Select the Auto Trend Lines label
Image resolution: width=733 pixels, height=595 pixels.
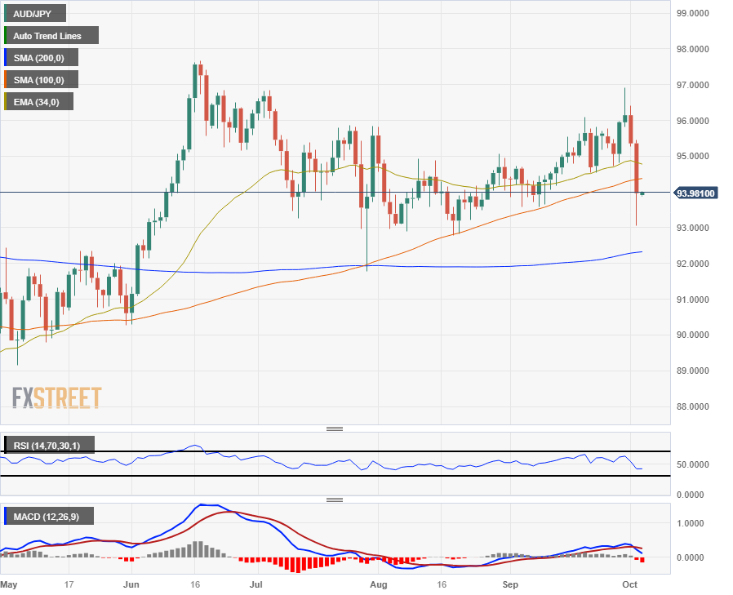tap(50, 36)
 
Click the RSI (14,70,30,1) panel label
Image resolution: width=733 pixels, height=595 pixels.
tap(48, 445)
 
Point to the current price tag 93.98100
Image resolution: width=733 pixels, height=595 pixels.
tap(696, 193)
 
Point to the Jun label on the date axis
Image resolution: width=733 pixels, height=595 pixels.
tap(130, 584)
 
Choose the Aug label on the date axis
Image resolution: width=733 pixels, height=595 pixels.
tap(377, 584)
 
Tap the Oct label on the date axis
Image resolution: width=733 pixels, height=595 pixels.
tap(629, 584)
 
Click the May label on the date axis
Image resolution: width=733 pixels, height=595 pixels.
tap(8, 584)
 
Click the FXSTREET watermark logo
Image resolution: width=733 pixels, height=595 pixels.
tap(57, 397)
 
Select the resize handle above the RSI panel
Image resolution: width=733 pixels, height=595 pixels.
tap(334, 428)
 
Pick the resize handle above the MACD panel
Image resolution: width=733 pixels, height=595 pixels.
tap(334, 500)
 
